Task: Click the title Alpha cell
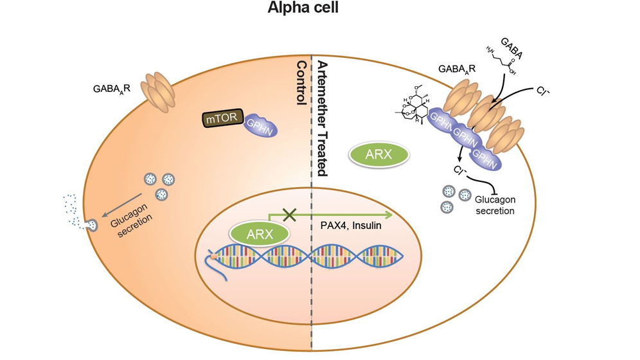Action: (x=319, y=11)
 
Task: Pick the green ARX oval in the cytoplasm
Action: (x=379, y=156)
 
